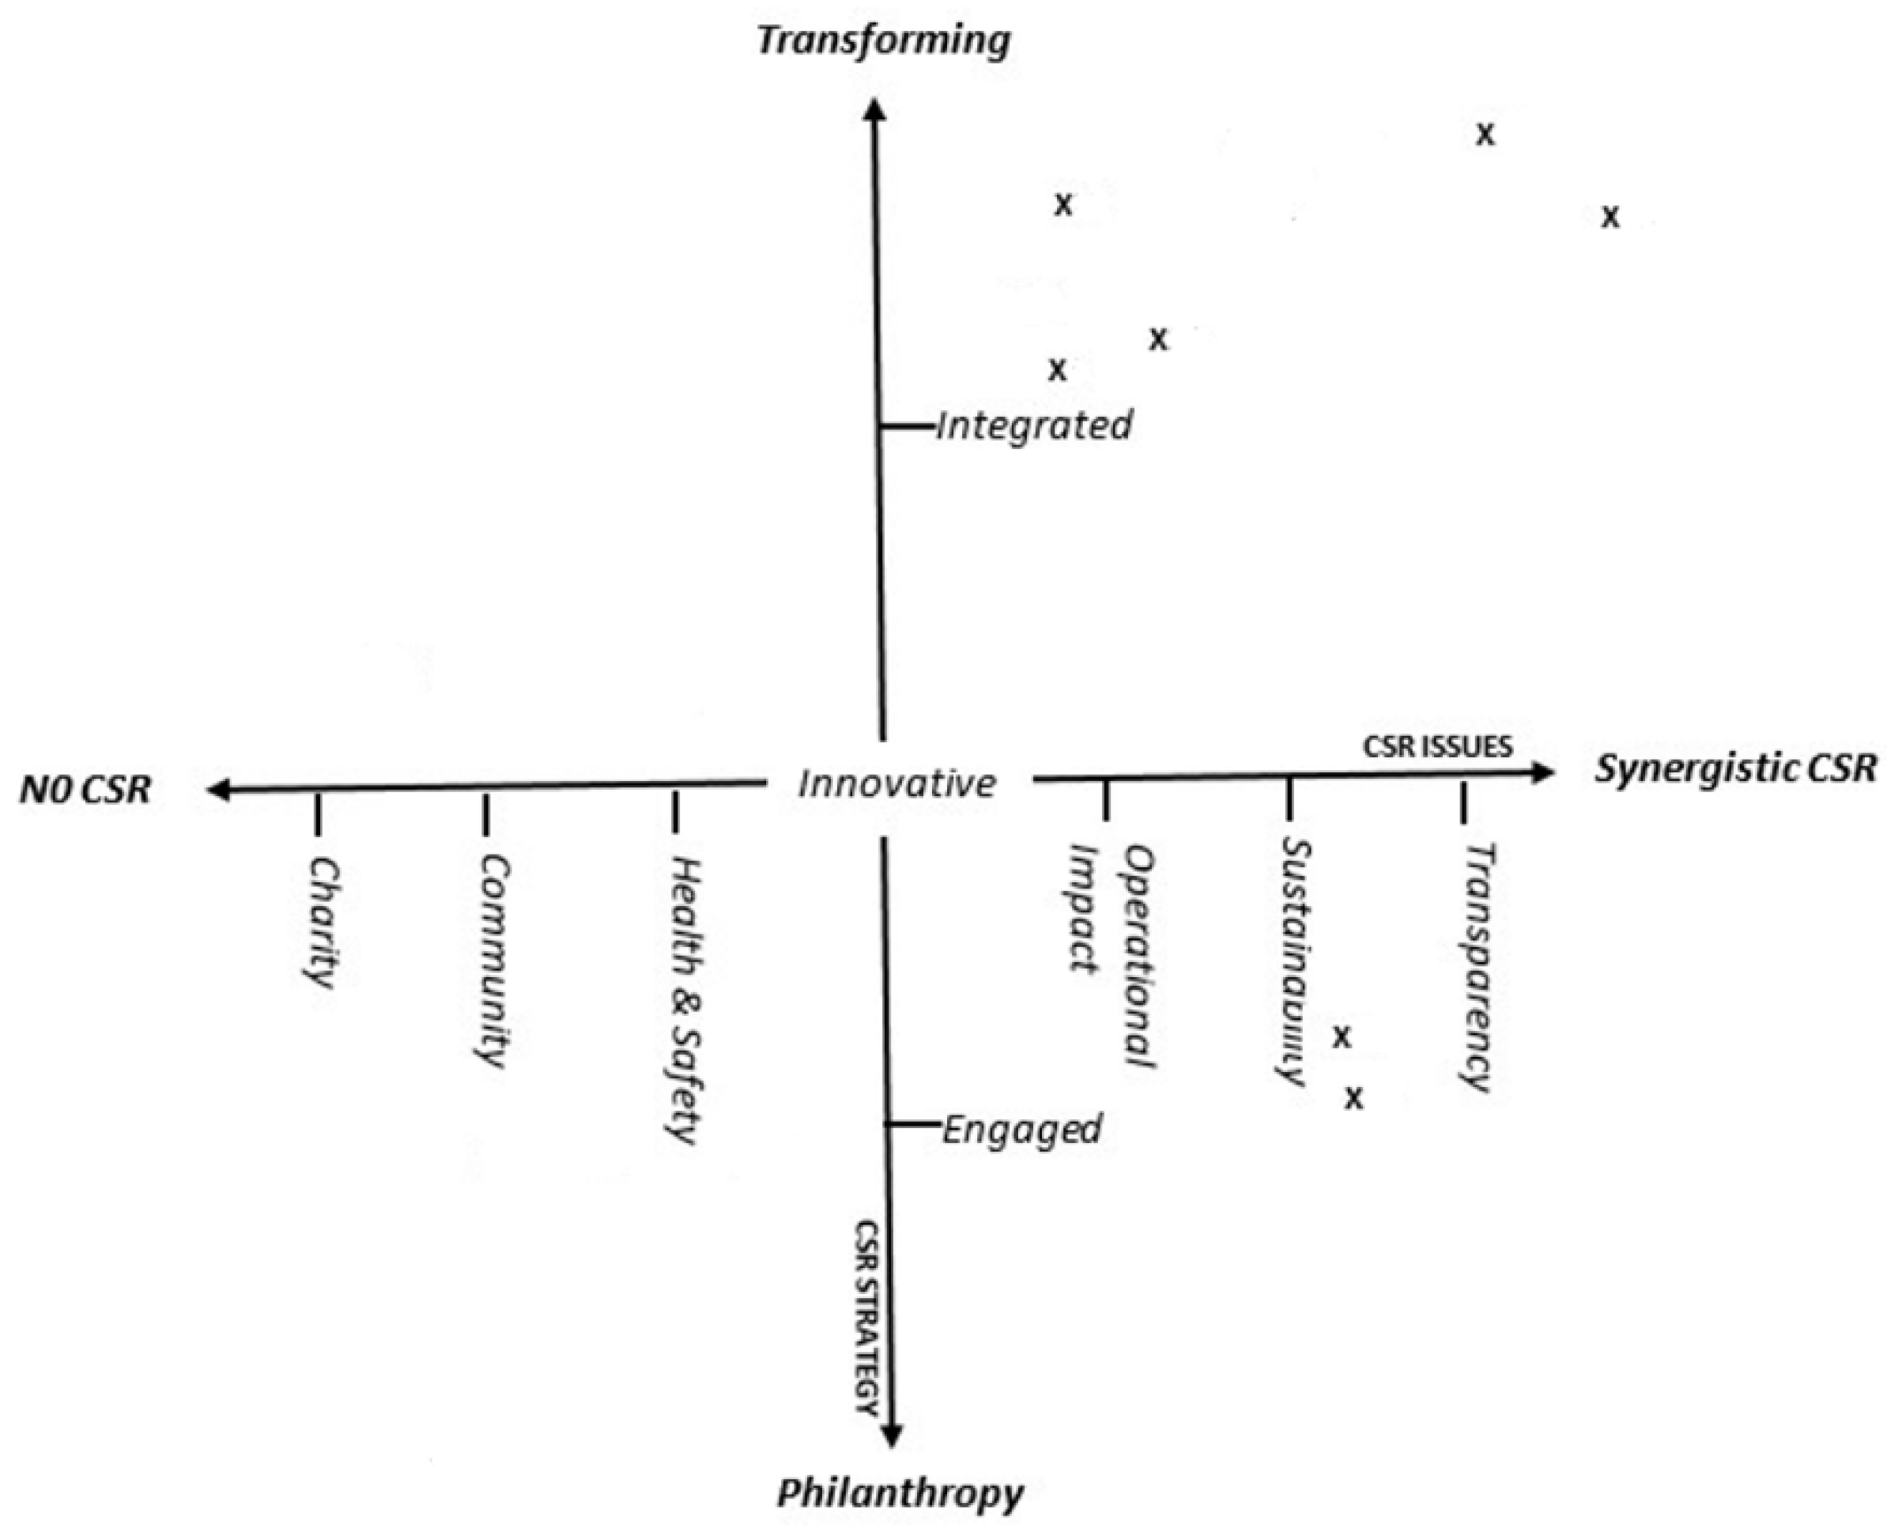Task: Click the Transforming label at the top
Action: coord(884,41)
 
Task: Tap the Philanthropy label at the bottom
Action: coord(900,1492)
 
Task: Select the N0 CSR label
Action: coord(85,790)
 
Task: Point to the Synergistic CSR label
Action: coord(1736,768)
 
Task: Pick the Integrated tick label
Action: coord(1034,426)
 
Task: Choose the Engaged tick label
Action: coord(1021,1129)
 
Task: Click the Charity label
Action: coord(322,923)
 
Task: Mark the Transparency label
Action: coord(1478,966)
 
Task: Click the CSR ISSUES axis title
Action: coord(1438,746)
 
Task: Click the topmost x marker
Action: coord(1485,134)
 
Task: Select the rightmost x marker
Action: coord(1610,217)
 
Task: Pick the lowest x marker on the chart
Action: coord(1355,1098)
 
